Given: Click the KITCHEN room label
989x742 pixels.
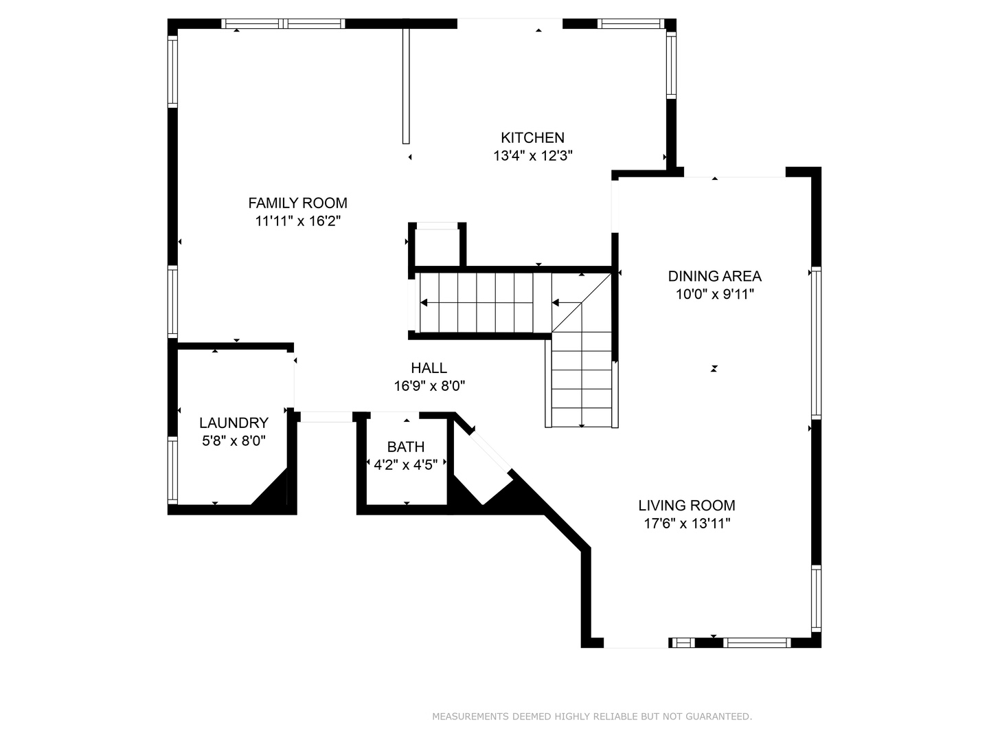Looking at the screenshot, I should pos(532,137).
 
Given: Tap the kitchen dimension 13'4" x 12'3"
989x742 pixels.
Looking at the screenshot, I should pos(532,156).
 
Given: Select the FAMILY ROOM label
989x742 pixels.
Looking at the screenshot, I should pos(297,203).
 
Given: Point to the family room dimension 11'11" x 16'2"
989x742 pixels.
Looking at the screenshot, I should pos(297,221).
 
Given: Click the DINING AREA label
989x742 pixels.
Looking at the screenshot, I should pos(714,276).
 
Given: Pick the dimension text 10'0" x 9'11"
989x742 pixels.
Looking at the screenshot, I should pos(714,295).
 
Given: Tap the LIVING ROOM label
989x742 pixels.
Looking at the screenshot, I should pos(687,506).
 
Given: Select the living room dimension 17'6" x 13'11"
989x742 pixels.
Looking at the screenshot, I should pos(687,524).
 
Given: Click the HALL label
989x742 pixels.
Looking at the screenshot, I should pos(429,368).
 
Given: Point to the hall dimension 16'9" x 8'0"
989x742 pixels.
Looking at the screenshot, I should pos(429,386).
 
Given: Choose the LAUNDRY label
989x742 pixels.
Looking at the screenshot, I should pos(234,423).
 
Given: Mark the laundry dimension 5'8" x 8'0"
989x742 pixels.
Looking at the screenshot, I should pos(234,441).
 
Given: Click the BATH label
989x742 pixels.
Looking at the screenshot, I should pos(406,447).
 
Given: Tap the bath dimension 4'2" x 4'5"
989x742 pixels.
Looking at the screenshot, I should pos(406,465).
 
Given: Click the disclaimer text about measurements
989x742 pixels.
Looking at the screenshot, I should pos(592,717).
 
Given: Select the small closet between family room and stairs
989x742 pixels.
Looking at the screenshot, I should pos(437,245).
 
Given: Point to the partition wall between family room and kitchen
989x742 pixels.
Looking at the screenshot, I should pos(406,86).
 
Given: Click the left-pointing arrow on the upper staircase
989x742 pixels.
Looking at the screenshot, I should pos(424,302).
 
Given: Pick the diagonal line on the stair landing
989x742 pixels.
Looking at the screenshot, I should pos(581,302).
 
